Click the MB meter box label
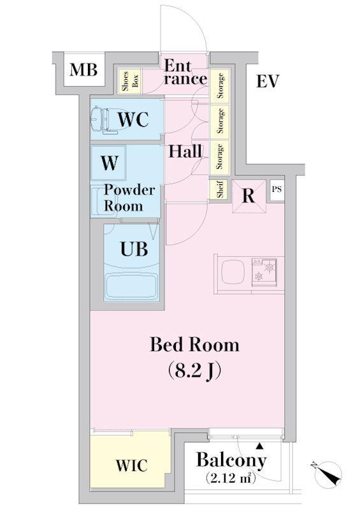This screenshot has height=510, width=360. point(83,70)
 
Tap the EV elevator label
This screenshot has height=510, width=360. point(268,81)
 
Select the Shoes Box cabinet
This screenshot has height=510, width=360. point(130,82)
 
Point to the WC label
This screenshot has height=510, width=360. point(133,119)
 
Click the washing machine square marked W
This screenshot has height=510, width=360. point(108,163)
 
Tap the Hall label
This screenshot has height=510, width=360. point(185,152)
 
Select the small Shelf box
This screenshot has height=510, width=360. point(220,189)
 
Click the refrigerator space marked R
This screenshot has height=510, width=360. point(248,196)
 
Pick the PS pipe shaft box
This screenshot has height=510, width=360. point(277,190)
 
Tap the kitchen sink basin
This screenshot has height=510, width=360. point(233,273)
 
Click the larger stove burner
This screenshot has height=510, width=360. point(270,268)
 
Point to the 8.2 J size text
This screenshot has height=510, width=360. point(194,371)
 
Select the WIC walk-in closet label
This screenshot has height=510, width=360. point(132,465)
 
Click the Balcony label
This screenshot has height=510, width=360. point(231,460)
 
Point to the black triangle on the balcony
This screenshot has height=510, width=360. point(259,445)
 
